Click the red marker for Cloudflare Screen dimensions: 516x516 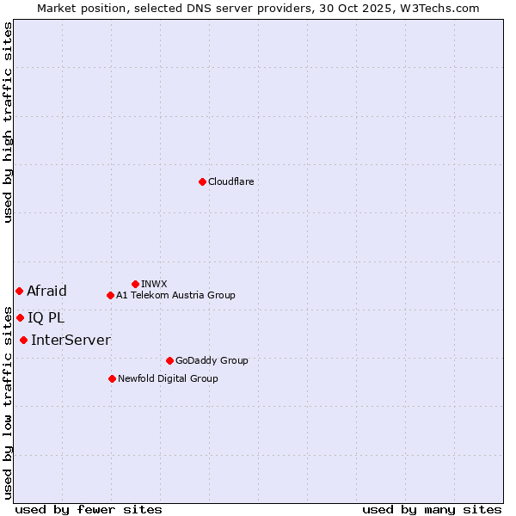202,181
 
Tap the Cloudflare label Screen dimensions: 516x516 230,181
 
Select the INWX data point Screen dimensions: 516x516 135,284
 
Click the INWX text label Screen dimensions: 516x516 154,284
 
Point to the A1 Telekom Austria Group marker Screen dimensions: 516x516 110,295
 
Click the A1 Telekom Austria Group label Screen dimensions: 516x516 175,295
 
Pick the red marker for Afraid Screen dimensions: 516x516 19,291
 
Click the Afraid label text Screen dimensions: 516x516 46,291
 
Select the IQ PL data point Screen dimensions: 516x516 20,317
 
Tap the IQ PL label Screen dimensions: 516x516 46,317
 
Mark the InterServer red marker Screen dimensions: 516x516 23,340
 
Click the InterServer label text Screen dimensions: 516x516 71,340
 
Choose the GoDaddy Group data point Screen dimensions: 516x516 169,360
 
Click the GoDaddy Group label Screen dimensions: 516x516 212,360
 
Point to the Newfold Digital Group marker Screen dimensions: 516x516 112,378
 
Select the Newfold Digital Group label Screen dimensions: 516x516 168,378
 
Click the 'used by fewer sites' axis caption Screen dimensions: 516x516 89,509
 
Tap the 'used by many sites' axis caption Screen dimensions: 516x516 432,509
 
